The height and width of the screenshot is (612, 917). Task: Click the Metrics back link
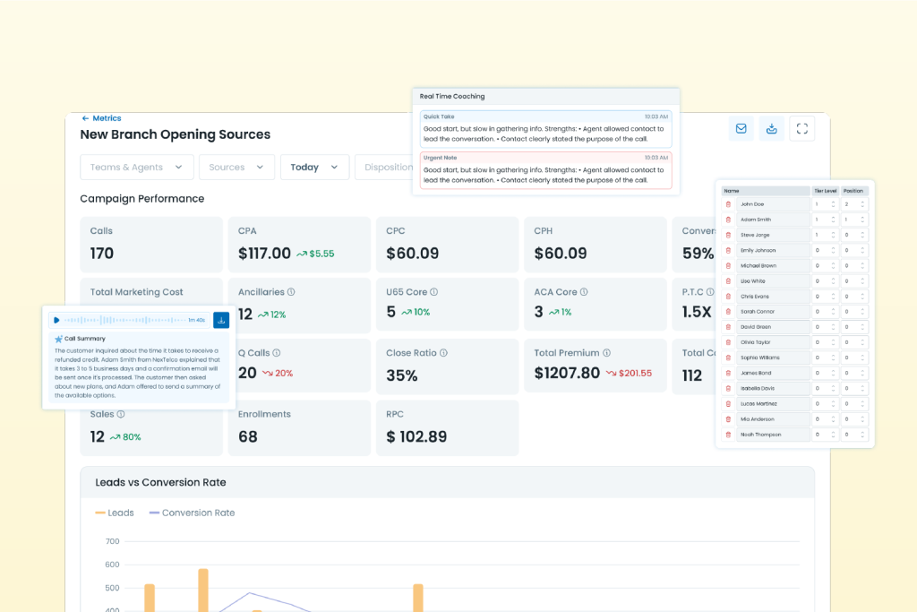[101, 118]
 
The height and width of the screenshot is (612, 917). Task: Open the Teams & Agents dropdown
[136, 168]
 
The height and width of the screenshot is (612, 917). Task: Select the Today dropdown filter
[313, 168]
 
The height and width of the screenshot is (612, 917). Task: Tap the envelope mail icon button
[741, 128]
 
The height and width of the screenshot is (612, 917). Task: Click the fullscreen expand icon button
[802, 128]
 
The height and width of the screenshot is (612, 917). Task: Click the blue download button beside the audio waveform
[221, 320]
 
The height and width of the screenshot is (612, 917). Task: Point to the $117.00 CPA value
[264, 254]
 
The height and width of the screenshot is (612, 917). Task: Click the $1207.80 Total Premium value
[567, 373]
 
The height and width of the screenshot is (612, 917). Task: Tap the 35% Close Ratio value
[402, 375]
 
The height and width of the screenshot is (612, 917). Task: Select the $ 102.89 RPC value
[416, 436]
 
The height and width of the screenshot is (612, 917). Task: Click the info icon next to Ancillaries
[292, 292]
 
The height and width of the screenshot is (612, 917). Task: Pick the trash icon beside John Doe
[728, 204]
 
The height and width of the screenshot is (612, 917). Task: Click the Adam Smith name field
[773, 220]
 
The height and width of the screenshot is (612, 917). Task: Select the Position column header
[853, 191]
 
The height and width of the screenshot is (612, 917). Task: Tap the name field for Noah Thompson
[773, 435]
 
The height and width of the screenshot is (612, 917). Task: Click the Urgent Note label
[440, 158]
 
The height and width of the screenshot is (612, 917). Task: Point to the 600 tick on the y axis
[112, 565]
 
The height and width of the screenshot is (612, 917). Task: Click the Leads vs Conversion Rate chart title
[160, 482]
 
